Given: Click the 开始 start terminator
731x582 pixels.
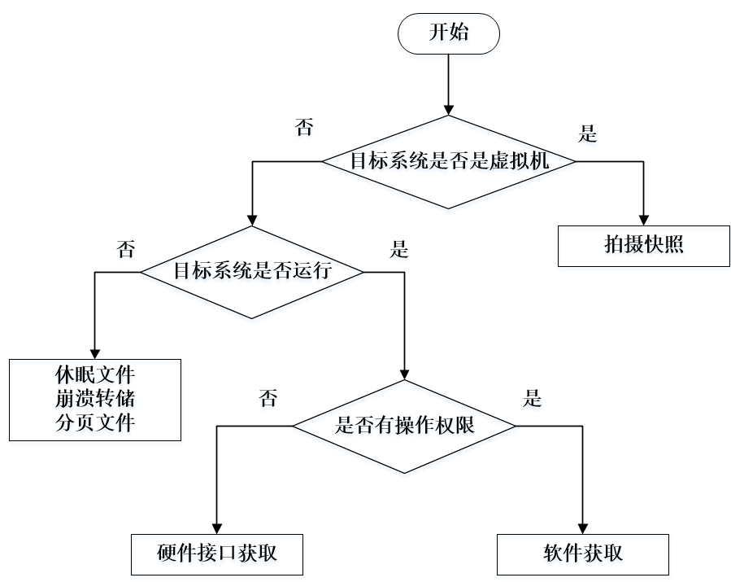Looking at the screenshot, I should coord(448,34).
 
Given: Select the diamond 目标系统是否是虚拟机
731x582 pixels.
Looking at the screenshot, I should coord(449,160).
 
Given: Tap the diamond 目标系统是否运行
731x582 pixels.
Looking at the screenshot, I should coord(252,271).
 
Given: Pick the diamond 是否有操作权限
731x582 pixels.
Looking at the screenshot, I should coord(404,425).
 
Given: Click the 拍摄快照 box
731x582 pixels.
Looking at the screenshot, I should coord(642,245).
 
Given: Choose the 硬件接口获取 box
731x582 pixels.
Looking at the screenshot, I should coord(217,554).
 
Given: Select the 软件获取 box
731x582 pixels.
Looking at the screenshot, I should coord(583,554).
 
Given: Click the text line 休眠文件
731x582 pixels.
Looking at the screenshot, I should coord(95,376).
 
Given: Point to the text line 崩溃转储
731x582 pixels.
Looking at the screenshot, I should coord(95,400).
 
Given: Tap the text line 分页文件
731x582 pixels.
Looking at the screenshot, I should coord(95,423).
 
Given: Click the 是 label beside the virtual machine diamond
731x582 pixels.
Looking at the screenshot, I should coord(587,135).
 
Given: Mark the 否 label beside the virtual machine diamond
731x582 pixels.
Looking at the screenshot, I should coord(303,128).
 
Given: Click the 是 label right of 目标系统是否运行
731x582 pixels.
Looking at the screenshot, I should coord(399,250).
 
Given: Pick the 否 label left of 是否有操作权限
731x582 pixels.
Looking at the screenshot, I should coord(267,399).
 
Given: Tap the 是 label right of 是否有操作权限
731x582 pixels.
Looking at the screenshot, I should coord(533,399).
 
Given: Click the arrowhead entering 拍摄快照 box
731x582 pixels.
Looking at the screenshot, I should coord(642,220).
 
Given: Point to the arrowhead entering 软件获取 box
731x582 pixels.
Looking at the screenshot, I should coord(583,528).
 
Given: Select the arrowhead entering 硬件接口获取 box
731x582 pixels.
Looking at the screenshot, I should coord(217,528).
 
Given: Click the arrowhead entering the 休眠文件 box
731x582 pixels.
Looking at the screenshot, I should coord(95,352).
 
